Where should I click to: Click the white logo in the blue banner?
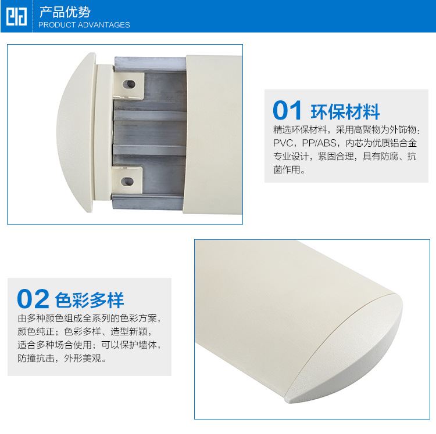click(x=16, y=16)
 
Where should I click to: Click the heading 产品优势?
click(x=65, y=12)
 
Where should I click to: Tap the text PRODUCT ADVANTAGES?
click(x=84, y=25)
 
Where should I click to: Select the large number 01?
click(x=287, y=110)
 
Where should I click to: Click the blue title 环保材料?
click(x=345, y=111)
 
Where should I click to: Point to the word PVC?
click(x=283, y=143)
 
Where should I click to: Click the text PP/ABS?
click(x=319, y=143)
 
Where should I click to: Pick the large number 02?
click(x=33, y=299)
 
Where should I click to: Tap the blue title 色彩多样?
click(x=90, y=300)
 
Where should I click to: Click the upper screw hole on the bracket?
click(x=128, y=84)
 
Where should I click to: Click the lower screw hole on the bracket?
click(x=127, y=182)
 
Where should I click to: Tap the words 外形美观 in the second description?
click(x=83, y=358)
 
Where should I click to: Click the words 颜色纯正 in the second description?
click(x=36, y=331)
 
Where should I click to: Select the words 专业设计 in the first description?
click(x=291, y=156)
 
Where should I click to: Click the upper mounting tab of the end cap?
click(x=128, y=85)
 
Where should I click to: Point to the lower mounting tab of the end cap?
click(x=127, y=180)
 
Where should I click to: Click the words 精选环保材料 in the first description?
click(x=300, y=130)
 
